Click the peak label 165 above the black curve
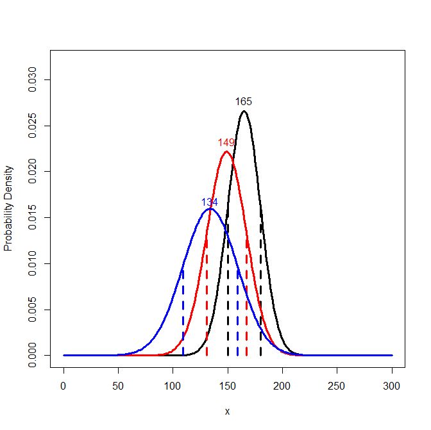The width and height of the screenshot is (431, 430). point(244,101)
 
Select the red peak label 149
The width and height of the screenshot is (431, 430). point(226,142)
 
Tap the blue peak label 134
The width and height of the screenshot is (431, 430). point(210,202)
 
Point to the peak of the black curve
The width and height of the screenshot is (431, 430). point(244,112)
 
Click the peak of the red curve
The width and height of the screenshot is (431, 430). point(226,152)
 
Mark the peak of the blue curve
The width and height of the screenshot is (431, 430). point(210,209)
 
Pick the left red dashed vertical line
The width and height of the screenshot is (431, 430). point(207,301)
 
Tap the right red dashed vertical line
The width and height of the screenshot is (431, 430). point(246,301)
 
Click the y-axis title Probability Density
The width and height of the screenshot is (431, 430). point(9,208)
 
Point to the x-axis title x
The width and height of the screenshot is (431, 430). point(227,411)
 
